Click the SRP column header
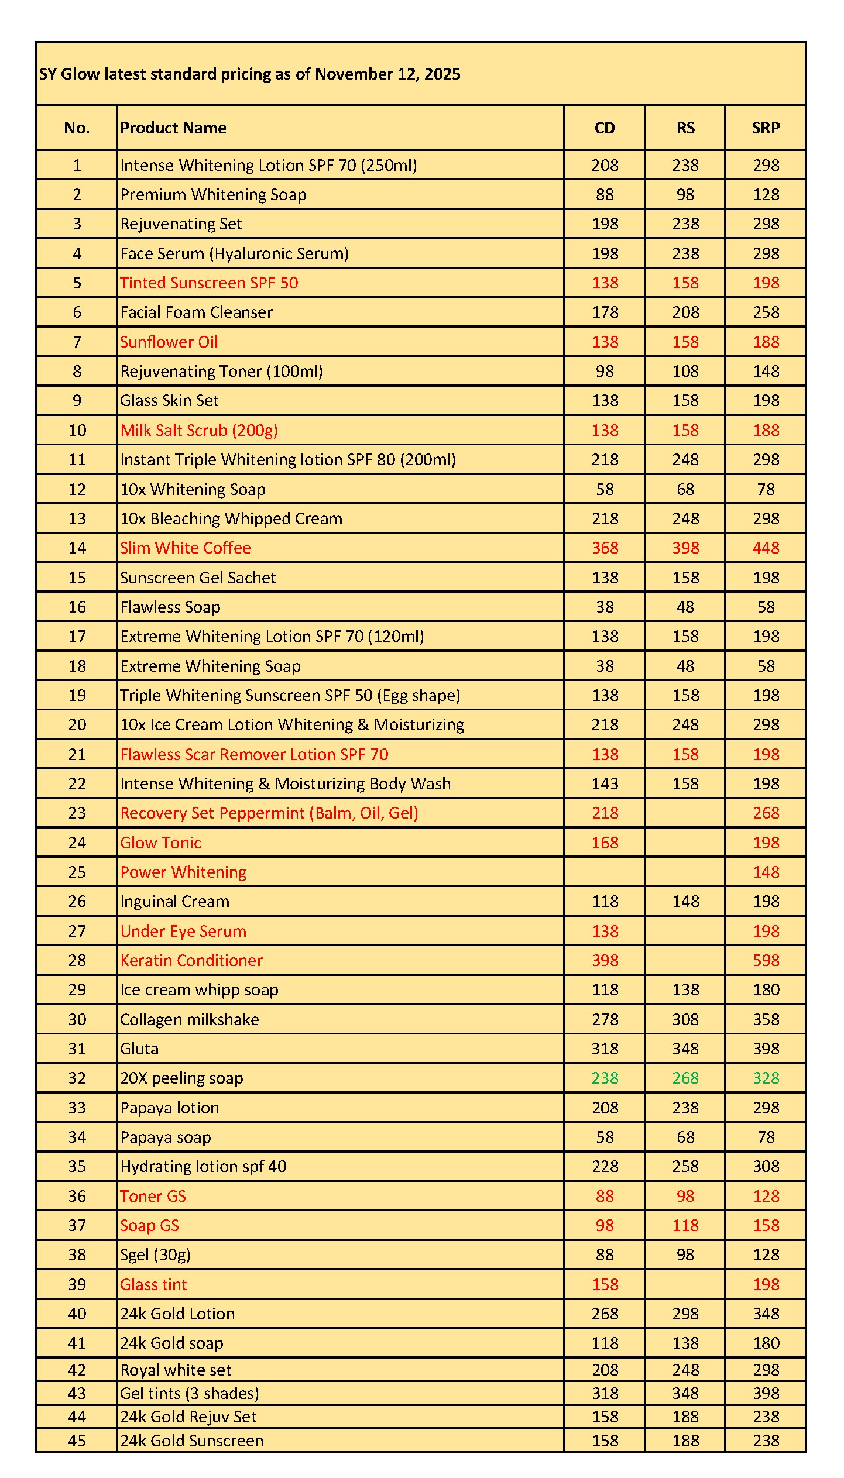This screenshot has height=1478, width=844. click(766, 128)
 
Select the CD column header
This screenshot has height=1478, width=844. click(605, 128)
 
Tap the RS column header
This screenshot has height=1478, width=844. click(685, 128)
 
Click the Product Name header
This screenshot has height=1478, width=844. click(173, 128)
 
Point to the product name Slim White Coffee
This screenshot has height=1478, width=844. click(186, 548)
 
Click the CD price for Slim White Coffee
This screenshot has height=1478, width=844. click(605, 548)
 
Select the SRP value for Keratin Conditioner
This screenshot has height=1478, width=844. click(766, 960)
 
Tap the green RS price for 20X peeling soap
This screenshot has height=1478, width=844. click(685, 1078)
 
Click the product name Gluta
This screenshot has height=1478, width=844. click(139, 1049)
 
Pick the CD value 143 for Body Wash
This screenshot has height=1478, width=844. click(605, 783)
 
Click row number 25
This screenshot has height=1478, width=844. click(77, 872)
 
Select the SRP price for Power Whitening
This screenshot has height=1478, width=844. click(766, 872)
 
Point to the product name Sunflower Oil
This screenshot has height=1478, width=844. click(169, 342)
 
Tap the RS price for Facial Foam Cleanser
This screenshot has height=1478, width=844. click(685, 312)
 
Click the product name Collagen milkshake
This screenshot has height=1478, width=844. click(190, 1019)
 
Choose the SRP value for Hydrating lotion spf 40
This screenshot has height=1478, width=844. click(766, 1166)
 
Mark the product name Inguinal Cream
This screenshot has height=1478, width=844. click(175, 901)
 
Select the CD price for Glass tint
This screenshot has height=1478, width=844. click(605, 1284)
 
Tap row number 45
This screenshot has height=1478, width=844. click(77, 1441)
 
